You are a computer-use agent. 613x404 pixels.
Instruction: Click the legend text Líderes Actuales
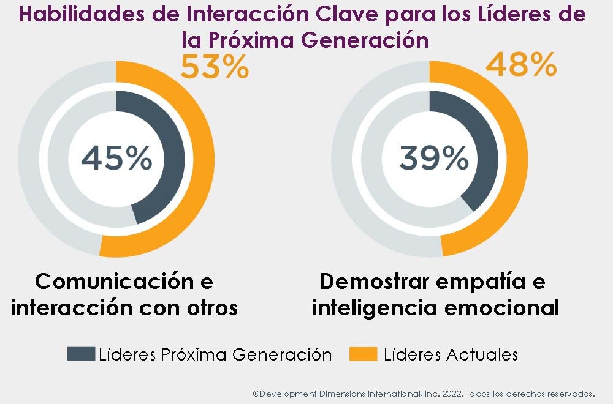click(451, 354)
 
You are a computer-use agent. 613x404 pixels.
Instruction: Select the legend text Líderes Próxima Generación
click(215, 354)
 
